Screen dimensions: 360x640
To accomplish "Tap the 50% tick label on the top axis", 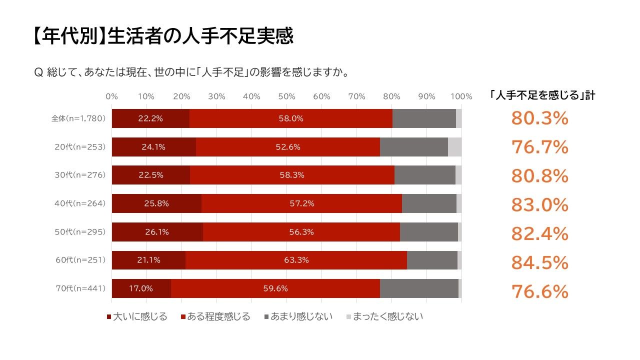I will click(x=286, y=96).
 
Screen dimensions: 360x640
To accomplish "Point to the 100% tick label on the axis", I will click(x=461, y=96).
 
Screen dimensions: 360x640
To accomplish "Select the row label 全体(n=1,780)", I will click(x=78, y=118).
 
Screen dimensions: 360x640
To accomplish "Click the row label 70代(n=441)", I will click(x=80, y=288).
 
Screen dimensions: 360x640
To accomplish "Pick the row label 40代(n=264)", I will click(x=80, y=203).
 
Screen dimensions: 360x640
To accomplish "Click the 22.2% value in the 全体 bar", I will click(x=150, y=118).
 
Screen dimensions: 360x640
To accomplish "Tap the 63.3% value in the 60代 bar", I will click(x=296, y=260).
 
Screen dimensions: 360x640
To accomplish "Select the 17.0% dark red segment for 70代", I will click(x=141, y=288).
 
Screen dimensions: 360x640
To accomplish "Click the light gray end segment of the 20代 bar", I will click(x=454, y=147).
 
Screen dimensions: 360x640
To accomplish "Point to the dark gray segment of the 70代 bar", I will click(x=419, y=288).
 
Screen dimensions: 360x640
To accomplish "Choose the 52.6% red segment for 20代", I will click(x=287, y=147).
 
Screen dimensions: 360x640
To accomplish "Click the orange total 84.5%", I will click(x=539, y=262).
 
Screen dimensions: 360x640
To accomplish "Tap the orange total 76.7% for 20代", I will click(x=539, y=147).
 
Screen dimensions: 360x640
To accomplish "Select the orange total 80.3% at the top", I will click(x=539, y=118).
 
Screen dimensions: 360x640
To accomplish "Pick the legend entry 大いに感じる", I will click(x=137, y=316).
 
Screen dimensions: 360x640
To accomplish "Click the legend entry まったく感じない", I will click(x=384, y=316).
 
